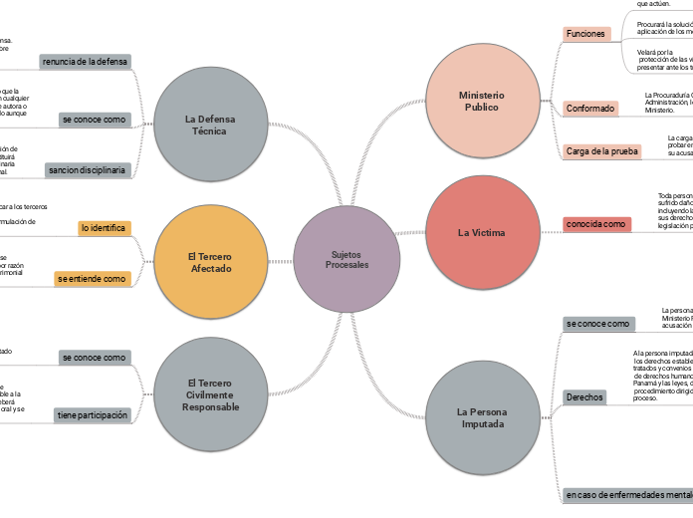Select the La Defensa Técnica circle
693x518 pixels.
coord(210,124)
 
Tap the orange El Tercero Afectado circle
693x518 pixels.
coord(210,262)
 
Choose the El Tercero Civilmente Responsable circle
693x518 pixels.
coord(210,393)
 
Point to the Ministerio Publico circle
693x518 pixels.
coord(482,101)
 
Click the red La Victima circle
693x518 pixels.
coord(482,232)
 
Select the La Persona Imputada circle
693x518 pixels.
coord(482,417)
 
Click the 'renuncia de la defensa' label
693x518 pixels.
coord(85,62)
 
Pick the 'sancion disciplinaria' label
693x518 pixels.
coord(88,169)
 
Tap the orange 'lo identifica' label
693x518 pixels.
coord(104,228)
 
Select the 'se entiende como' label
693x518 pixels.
coord(92,279)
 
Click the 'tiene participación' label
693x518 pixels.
coord(92,415)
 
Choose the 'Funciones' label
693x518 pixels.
coord(585,34)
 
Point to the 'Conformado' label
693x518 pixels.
coord(589,108)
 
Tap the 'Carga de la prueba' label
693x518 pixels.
coord(601,151)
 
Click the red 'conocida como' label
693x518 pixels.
coord(595,224)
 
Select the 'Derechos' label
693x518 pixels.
coord(584,396)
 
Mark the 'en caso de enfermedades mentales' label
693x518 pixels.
coord(627,494)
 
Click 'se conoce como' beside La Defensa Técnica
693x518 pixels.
coord(94,120)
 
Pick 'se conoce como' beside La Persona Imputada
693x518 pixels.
coord(597,324)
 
